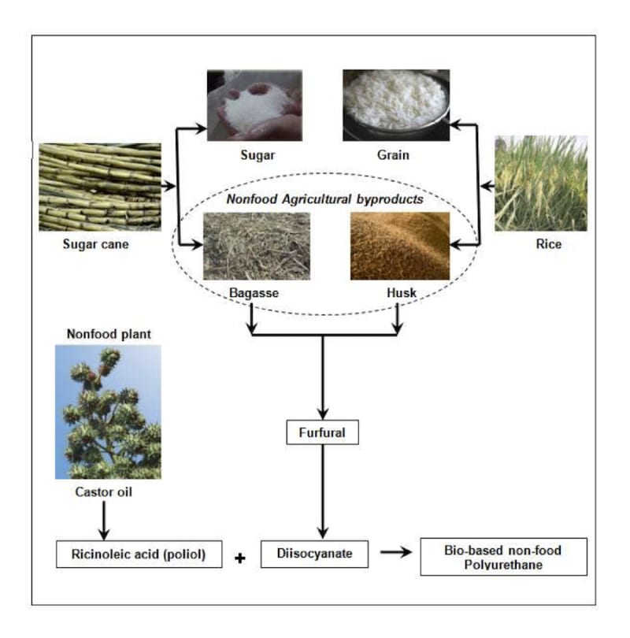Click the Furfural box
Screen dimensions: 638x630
322,432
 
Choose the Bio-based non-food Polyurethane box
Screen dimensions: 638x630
504,556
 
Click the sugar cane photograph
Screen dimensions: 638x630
100,187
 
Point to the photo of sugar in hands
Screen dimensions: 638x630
254,105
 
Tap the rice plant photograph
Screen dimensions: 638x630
541,183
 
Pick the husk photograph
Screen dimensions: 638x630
400,246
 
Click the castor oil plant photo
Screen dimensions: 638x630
108,411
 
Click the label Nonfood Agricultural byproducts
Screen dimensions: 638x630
325,199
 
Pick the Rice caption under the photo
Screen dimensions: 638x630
548,244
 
